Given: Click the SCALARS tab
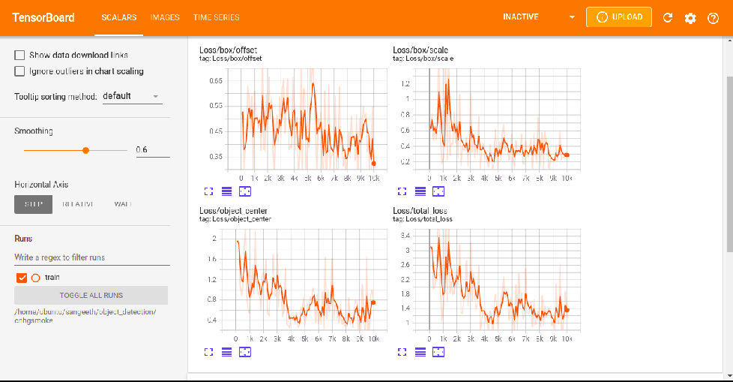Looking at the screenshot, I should (118, 17).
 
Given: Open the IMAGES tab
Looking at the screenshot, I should (165, 17).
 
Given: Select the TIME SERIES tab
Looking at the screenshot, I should (216, 17).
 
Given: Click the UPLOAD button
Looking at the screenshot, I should (618, 17).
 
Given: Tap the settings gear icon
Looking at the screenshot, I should (690, 18).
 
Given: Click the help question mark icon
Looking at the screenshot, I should (713, 18).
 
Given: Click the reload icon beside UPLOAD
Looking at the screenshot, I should (668, 18).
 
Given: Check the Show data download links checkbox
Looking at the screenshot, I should (19, 55).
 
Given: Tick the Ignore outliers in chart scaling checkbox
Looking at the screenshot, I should (19, 71).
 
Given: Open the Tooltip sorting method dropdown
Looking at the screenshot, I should (131, 96).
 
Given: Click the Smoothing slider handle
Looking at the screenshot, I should (86, 150).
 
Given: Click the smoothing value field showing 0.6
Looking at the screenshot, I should (152, 150).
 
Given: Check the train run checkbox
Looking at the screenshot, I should (22, 278).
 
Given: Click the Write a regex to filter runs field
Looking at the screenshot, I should (91, 257).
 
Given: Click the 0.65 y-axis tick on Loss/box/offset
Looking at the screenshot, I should (216, 80).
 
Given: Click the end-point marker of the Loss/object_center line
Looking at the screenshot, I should (373, 302).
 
